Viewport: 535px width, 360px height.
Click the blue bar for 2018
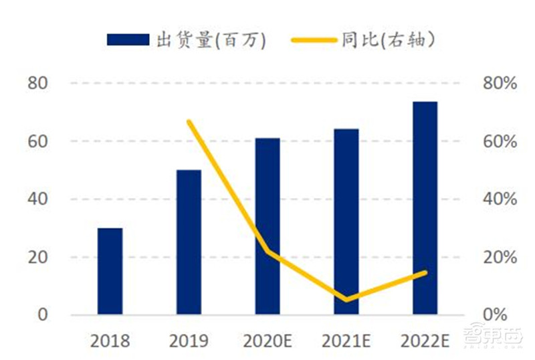tap(110, 271)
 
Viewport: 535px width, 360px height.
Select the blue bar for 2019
tap(189, 242)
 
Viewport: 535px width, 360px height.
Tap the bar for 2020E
tap(267, 226)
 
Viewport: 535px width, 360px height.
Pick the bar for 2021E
tap(346, 221)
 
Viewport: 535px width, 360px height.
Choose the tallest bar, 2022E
tap(425, 208)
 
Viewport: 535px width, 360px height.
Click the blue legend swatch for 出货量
tap(128, 40)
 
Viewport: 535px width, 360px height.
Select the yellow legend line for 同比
tap(314, 40)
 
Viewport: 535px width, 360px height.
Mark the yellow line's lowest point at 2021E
tap(346, 299)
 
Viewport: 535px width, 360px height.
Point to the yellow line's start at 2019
tap(189, 122)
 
